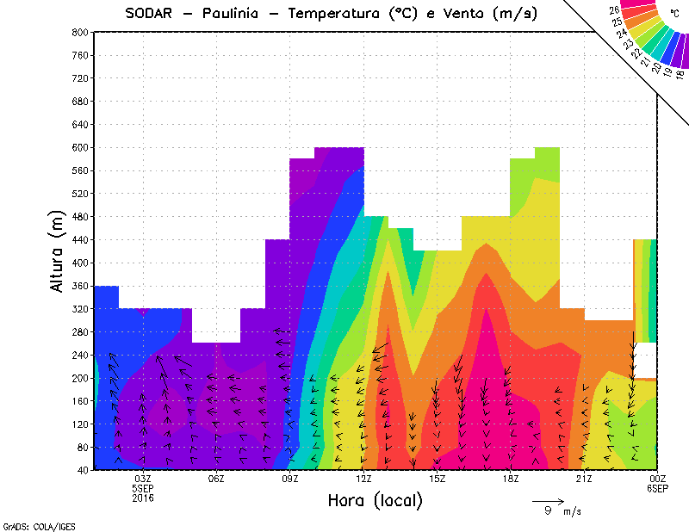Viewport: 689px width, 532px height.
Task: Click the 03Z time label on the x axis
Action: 143,479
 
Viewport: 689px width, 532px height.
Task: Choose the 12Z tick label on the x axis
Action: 363,479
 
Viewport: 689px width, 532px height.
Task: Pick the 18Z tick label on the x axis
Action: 511,479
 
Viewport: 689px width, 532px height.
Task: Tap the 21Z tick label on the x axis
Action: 584,479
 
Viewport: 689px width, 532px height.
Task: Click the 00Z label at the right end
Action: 657,479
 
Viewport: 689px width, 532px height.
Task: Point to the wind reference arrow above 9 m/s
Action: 548,500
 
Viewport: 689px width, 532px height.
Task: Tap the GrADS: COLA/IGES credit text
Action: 30,524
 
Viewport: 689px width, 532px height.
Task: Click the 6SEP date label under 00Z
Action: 657,488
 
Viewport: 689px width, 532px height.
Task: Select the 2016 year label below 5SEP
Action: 143,498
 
